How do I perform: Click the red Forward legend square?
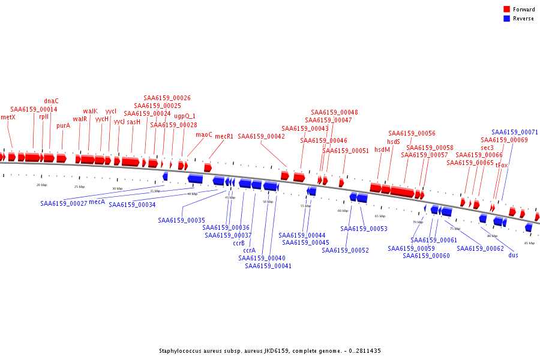pos(507,10)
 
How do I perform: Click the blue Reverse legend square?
pos(507,19)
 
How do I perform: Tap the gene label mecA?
pos(97,202)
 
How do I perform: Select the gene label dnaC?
pos(52,101)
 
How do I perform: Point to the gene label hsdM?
pos(382,150)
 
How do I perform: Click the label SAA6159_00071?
pos(515,132)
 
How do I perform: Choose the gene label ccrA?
pos(249,250)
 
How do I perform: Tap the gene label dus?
pos(513,255)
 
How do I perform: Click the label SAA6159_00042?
pos(261,136)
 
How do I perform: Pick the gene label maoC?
pos(204,134)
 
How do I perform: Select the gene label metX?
pos(8,117)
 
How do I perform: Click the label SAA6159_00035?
pos(181,220)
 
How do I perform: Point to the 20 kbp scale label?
pos(41,185)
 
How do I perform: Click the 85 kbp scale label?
pos(529,243)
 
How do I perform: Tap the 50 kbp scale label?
pos(268,202)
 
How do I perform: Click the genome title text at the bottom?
pos(270,351)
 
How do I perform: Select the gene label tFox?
pos(502,165)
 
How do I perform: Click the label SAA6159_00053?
pos(364,229)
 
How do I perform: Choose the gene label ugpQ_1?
pos(185,116)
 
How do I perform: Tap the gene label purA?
pos(64,126)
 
